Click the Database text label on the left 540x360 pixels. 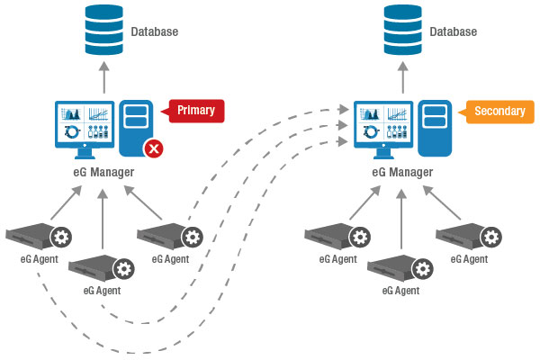(154, 32)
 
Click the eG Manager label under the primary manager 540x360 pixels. (103, 172)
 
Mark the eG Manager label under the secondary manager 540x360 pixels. (402, 172)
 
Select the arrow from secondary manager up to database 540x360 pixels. (402, 76)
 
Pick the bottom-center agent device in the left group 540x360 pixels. (94, 270)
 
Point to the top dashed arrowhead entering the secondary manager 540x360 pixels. (343, 109)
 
